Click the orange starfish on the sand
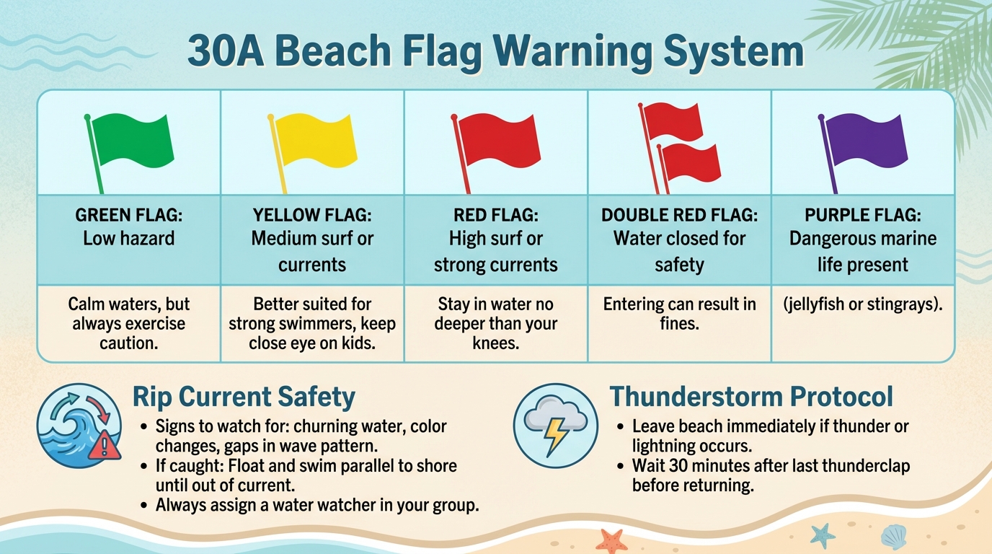[x=611, y=540]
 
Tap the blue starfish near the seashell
[x=822, y=535]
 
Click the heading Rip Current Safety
[x=244, y=397]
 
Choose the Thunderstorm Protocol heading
[x=751, y=397]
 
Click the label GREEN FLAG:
[x=128, y=215]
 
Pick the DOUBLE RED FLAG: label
[x=679, y=215]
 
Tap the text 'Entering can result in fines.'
[x=679, y=314]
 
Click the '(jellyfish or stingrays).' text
[x=862, y=304]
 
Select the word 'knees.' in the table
[x=496, y=343]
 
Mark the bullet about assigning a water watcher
[x=317, y=505]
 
